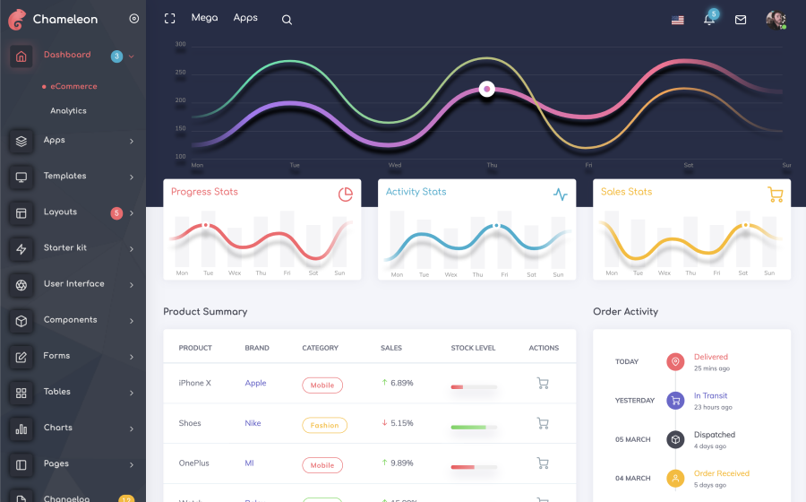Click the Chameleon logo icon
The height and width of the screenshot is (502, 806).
click(18, 18)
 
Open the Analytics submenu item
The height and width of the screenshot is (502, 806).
click(68, 111)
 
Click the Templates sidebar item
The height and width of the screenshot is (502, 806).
click(64, 177)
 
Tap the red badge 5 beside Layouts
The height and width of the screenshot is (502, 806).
click(116, 213)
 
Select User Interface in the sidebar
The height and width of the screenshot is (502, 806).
click(73, 284)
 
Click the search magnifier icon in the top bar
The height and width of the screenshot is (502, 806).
click(287, 20)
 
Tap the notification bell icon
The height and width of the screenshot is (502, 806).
click(708, 20)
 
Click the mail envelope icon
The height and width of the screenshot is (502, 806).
click(741, 20)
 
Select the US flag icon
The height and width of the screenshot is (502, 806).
click(678, 20)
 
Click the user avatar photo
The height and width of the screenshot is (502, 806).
click(776, 20)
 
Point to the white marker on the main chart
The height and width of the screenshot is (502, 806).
click(486, 89)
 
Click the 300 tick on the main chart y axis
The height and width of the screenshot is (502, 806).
click(180, 45)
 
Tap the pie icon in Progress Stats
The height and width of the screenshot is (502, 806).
click(346, 195)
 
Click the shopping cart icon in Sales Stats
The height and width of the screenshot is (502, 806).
click(776, 195)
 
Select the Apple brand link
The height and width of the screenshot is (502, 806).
click(255, 384)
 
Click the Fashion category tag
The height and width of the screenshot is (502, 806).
click(324, 426)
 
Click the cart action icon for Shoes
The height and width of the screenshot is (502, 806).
click(542, 423)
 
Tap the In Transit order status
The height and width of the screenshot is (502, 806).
click(710, 396)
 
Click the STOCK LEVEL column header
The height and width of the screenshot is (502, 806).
click(473, 348)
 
